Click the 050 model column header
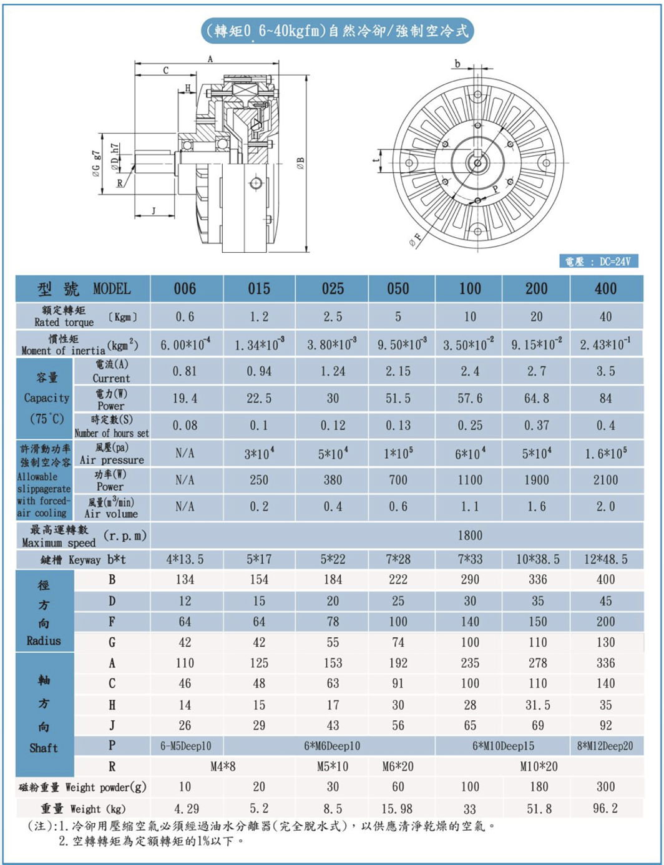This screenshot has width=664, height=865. (398, 289)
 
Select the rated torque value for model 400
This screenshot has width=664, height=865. (605, 316)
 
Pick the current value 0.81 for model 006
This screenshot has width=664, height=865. (185, 371)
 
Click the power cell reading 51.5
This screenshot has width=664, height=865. (398, 398)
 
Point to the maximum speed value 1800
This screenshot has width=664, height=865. (470, 535)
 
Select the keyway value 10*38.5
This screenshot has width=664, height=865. (537, 559)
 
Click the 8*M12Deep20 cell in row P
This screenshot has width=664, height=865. (605, 746)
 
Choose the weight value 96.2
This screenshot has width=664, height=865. (605, 808)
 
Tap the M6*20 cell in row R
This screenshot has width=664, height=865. (398, 766)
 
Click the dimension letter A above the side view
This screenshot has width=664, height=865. (210, 59)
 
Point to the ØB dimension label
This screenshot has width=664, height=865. (301, 164)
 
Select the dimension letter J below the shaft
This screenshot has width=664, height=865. (154, 210)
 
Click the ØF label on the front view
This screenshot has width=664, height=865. (414, 239)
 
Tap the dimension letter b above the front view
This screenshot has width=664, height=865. (457, 64)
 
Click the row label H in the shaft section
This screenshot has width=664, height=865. (112, 705)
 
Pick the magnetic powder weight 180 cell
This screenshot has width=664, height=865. (537, 787)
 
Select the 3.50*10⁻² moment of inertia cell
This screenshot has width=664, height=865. (470, 345)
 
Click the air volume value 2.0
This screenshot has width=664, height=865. (605, 507)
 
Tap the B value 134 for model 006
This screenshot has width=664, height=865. (185, 580)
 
